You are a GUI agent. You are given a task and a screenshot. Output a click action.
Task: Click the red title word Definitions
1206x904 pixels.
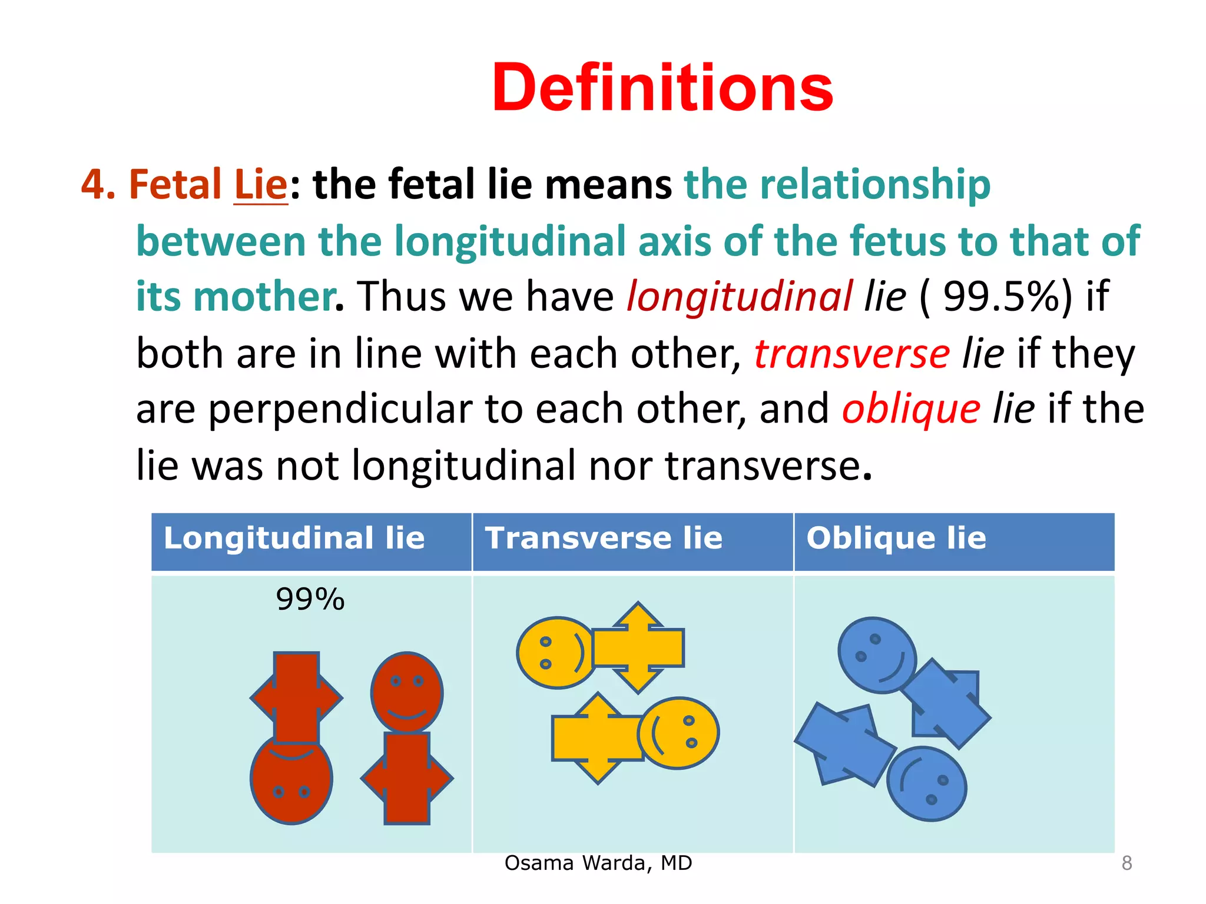click(662, 88)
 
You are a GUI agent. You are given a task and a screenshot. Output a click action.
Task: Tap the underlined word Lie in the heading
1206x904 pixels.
click(261, 184)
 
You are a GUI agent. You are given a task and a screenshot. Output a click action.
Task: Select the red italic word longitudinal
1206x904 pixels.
click(739, 295)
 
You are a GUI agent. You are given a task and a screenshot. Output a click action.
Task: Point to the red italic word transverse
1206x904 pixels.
click(852, 354)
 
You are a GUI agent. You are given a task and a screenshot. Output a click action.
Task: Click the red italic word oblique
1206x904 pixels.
click(911, 409)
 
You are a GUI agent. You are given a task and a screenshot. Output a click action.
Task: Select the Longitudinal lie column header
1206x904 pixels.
click(294, 538)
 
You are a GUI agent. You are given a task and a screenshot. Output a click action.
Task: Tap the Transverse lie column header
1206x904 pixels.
click(604, 538)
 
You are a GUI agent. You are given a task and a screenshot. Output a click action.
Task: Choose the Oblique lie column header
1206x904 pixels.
click(896, 538)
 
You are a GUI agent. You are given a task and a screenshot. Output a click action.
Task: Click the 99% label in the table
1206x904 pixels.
click(310, 600)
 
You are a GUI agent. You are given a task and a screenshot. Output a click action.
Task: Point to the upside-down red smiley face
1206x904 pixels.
click(291, 779)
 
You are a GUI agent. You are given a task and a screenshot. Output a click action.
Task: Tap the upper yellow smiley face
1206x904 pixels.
click(555, 653)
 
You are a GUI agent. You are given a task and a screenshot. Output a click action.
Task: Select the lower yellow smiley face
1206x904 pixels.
click(678, 733)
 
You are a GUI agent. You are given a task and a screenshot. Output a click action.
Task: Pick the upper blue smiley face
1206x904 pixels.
click(877, 655)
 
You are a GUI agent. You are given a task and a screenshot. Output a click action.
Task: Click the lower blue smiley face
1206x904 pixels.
click(926, 784)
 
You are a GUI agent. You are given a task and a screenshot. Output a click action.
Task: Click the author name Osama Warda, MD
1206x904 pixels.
click(598, 863)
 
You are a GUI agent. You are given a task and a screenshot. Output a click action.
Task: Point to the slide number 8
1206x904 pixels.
click(1127, 863)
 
